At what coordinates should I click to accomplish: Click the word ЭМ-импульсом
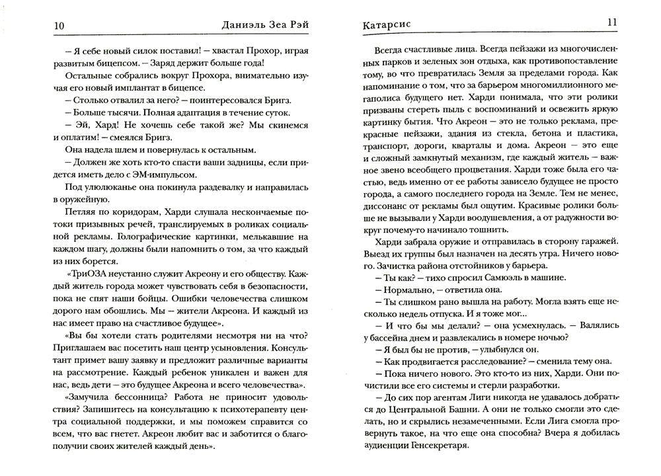(166, 175)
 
